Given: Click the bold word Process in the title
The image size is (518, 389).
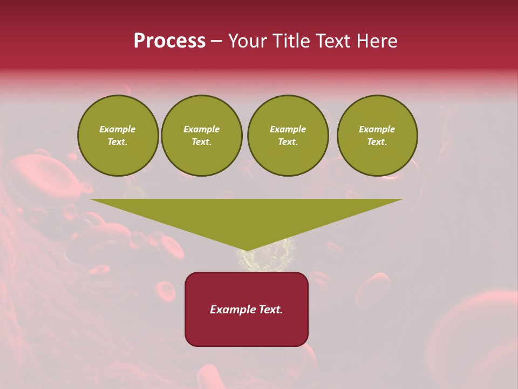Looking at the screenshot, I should [x=169, y=41].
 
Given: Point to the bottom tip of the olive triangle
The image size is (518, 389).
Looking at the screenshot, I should [x=247, y=250].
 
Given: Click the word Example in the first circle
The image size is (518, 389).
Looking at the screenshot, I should [x=118, y=129].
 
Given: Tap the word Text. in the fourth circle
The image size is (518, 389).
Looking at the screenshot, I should [x=377, y=142].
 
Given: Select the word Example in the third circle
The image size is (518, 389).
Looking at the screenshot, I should [x=288, y=129].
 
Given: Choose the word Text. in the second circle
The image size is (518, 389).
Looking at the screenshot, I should [x=202, y=142].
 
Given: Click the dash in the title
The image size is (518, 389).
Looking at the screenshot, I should [x=217, y=42].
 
